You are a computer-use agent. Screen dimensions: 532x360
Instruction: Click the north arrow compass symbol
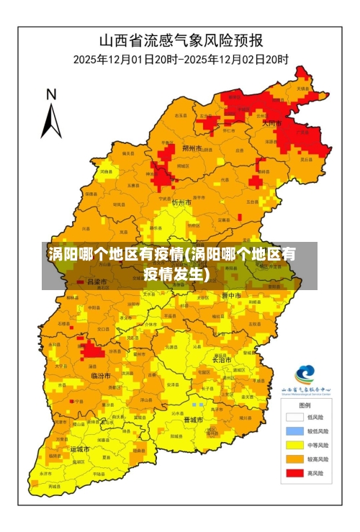coord(50,115)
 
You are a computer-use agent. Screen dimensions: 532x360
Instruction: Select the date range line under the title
coord(181,59)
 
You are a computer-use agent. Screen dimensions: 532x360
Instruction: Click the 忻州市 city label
coord(183,203)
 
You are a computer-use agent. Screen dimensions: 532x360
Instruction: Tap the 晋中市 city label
coord(231,295)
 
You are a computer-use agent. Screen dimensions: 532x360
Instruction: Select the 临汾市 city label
coord(101,376)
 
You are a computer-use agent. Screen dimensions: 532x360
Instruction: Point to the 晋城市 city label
coord(194,420)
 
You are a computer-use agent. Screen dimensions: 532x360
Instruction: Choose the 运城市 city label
coord(80,449)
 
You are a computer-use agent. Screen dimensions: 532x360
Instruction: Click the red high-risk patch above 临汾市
coord(91,351)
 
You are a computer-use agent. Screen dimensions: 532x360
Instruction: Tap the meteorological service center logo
coord(305,375)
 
